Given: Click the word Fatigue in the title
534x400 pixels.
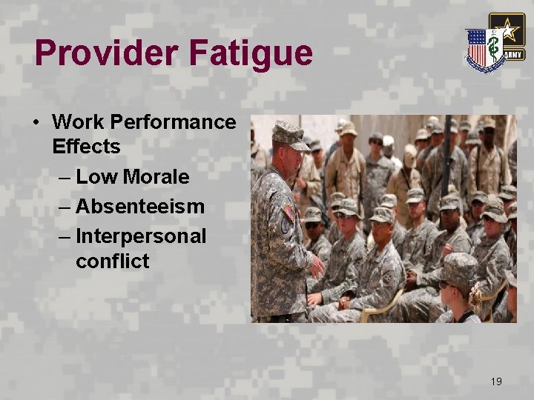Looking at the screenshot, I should coord(250,54).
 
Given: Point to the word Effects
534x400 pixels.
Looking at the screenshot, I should coord(86,147).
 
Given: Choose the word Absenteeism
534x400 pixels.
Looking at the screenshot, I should coord(140,206).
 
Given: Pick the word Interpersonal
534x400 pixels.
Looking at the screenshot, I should coord(141,236).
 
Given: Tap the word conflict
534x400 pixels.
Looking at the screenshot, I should coord(112,261).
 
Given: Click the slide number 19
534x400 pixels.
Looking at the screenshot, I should coord(496,381).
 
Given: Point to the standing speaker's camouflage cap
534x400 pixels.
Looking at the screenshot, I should coord(289,133).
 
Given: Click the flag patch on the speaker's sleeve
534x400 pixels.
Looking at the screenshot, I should coord(289,213).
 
